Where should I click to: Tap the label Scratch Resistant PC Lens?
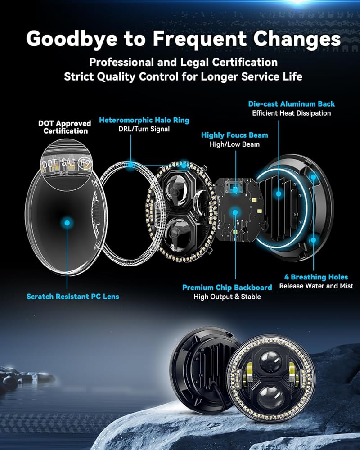(73, 297)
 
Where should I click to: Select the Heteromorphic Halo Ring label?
(144, 120)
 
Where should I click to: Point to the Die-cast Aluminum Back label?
(292, 104)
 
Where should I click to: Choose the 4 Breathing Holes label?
(316, 277)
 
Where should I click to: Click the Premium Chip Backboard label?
(227, 287)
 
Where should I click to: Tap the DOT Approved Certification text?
(64, 127)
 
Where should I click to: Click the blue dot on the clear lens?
(67, 222)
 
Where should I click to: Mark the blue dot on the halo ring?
(130, 165)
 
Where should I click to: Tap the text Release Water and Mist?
(316, 286)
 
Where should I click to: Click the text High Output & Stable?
(227, 297)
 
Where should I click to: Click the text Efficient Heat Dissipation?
(292, 113)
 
